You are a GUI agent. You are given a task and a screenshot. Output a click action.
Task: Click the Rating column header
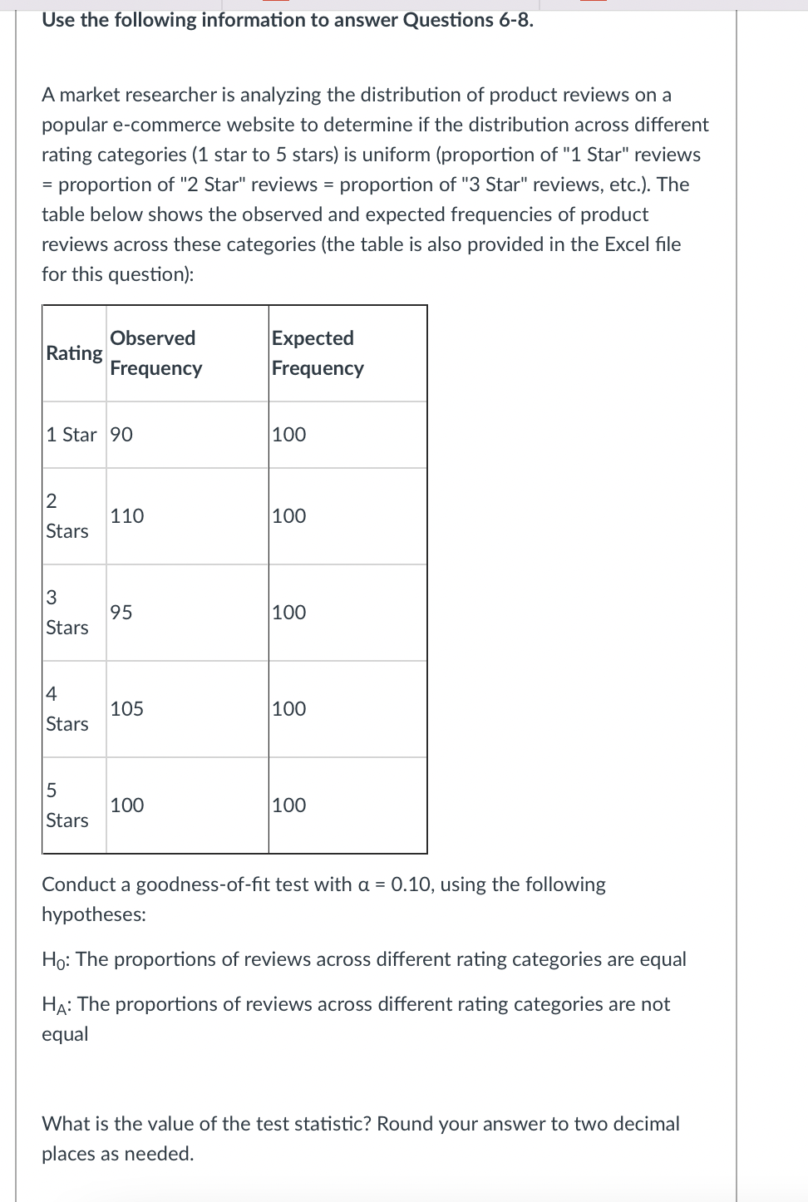[x=74, y=353]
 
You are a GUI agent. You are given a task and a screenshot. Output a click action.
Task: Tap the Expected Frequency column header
[x=318, y=353]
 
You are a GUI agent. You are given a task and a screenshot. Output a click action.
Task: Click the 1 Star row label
[x=71, y=435]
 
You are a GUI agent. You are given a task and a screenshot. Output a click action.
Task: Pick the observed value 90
[x=121, y=435]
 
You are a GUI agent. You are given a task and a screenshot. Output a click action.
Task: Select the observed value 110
[x=127, y=516]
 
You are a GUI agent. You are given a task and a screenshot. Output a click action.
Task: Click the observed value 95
[x=121, y=613]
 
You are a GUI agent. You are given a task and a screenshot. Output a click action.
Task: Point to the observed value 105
[x=127, y=709]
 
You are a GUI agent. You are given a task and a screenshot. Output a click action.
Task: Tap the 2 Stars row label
[x=67, y=516]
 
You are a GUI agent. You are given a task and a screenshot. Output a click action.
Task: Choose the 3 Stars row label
[x=67, y=613]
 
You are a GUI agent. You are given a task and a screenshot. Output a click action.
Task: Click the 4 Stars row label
[x=67, y=709]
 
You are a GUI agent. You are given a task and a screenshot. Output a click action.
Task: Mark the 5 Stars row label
[x=67, y=805]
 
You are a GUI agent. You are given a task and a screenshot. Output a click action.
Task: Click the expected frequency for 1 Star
[x=288, y=435]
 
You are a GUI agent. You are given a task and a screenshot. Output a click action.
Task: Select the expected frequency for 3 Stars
[x=288, y=613]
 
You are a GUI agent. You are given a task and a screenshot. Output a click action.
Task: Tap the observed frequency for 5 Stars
[x=127, y=805]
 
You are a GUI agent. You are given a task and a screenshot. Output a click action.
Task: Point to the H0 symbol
[x=56, y=960]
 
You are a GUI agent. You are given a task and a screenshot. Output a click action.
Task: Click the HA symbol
[x=56, y=1005]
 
